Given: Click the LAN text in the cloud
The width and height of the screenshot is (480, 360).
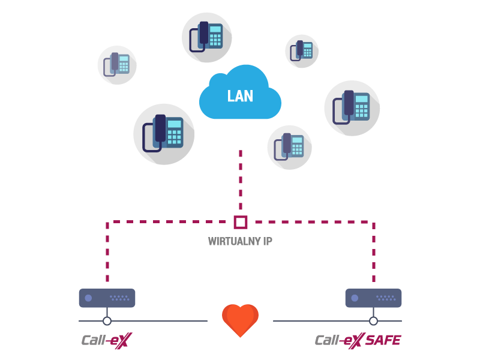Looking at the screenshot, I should point(240,96).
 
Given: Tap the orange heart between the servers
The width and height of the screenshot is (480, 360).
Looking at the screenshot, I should point(240,320).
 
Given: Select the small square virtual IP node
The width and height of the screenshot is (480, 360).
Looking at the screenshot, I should point(241,222).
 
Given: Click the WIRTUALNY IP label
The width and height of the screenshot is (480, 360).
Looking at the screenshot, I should point(240,242).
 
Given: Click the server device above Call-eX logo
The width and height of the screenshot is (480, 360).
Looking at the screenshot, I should point(107,298).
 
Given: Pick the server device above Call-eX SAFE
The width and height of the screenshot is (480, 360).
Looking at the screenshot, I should point(373,298).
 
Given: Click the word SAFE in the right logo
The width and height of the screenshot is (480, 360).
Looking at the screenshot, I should point(382,341).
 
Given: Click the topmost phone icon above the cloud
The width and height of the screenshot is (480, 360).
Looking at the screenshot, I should point(207,37).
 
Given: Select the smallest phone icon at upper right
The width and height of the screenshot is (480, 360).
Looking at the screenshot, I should point(302,51).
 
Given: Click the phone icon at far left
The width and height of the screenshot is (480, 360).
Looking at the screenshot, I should point(117,65).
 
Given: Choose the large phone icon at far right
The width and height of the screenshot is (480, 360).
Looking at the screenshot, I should point(352,108).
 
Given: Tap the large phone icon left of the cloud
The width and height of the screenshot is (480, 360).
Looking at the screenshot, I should point(164,134).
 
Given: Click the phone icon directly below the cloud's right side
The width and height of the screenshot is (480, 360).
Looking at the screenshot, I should point(289,147).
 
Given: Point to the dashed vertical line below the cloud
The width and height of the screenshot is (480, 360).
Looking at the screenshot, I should point(241,180).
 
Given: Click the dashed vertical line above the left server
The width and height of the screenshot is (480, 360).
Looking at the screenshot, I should point(107,252).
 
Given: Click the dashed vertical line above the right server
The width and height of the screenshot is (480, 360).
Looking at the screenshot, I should point(374,252).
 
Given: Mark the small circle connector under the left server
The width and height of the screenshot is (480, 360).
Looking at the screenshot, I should point(107,321).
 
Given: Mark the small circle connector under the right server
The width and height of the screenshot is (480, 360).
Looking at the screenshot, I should point(373,321).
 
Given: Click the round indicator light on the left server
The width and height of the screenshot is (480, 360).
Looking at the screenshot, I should point(88,298).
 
